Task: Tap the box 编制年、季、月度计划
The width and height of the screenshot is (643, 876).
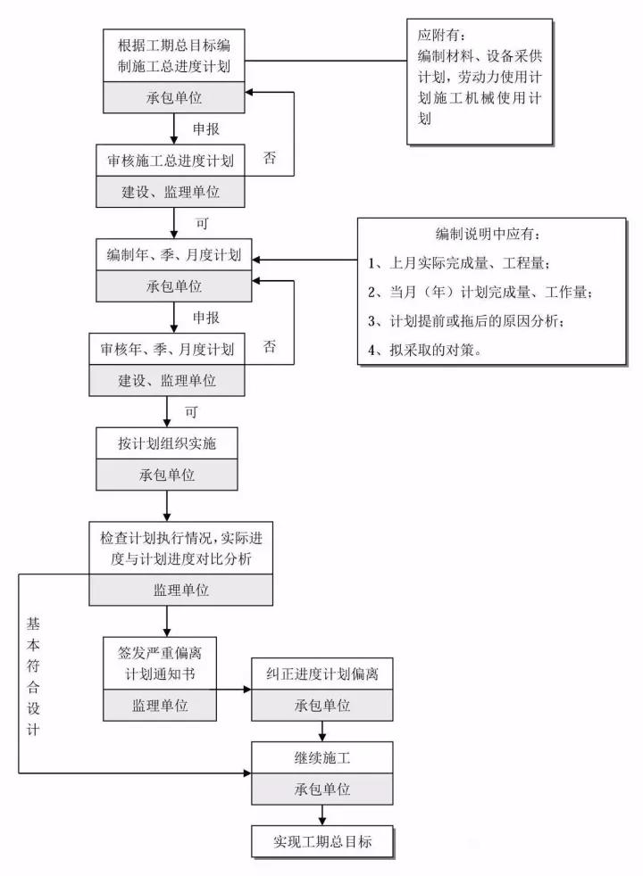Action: [169, 255]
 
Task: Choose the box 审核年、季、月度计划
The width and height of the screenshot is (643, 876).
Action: [167, 349]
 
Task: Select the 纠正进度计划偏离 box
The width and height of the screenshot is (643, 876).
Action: [322, 674]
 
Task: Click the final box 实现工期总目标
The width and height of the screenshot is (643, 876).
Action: [322, 841]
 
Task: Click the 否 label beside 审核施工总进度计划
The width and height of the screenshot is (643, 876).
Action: [269, 158]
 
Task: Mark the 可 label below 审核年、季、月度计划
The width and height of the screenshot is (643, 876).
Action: [189, 413]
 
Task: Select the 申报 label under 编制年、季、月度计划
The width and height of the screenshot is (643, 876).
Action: [206, 317]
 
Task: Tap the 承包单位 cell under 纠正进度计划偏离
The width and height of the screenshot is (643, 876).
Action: [322, 705]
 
